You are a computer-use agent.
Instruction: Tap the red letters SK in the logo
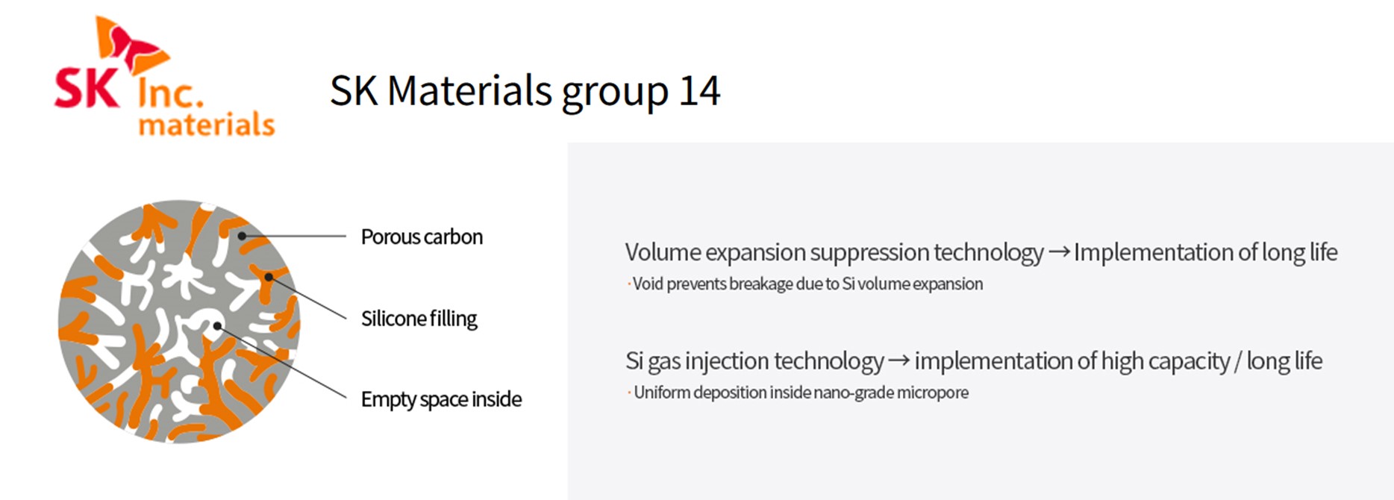tap(87, 88)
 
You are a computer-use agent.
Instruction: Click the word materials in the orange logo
tap(207, 124)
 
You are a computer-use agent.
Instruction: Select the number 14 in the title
tap(699, 91)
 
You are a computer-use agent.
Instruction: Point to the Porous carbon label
tap(422, 237)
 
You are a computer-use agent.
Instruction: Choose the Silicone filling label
tap(419, 319)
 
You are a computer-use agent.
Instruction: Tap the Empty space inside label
tap(441, 399)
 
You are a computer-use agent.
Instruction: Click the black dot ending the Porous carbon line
tap(242, 236)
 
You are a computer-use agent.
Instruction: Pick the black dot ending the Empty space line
tap(217, 326)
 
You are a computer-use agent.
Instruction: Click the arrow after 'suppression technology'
tap(1059, 252)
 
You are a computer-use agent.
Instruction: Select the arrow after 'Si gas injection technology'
tap(898, 361)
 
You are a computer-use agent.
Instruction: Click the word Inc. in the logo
tap(170, 93)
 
